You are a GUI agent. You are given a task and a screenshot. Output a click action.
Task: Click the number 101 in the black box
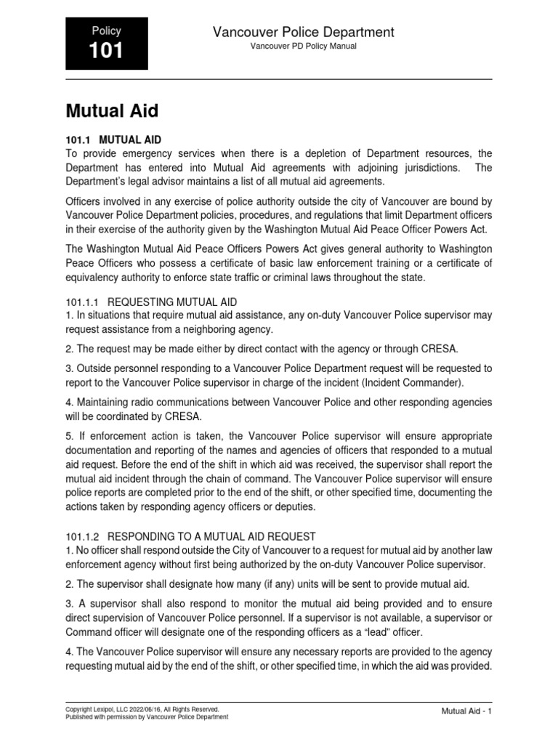coord(106,51)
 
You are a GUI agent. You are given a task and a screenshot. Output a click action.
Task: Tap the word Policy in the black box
coord(106,31)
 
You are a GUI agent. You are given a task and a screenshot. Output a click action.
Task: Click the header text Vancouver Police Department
coord(303,32)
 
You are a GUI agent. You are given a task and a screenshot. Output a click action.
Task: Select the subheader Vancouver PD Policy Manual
coord(303,46)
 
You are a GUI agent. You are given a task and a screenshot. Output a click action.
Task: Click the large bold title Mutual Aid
coord(112,111)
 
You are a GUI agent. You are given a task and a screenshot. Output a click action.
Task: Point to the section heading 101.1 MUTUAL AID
coord(113,139)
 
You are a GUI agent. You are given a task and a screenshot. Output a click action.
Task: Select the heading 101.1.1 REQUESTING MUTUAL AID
coord(151,301)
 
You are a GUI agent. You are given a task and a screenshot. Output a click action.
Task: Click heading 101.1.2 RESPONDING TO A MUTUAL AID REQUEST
coord(190,536)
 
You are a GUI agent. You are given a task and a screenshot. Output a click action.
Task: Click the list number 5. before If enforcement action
coord(70,437)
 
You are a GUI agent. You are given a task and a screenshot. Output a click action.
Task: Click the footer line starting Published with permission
coord(147,716)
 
